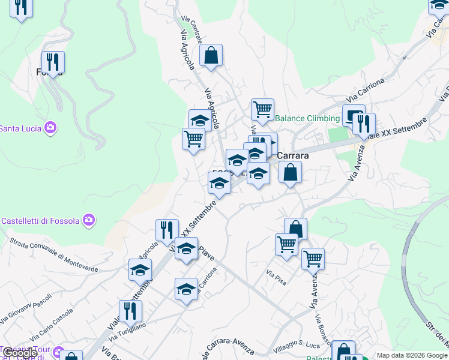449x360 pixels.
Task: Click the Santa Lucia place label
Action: pos(20,128)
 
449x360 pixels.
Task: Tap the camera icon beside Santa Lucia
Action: pos(50,127)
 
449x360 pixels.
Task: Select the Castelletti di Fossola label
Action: pos(40,221)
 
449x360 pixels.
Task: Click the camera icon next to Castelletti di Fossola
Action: pos(89,220)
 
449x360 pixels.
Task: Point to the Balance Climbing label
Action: pos(307,118)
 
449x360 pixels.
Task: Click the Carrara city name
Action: pos(292,155)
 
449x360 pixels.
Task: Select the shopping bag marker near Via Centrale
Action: pos(211,55)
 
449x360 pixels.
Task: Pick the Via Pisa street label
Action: pos(278,272)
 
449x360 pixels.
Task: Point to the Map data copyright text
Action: pos(412,355)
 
